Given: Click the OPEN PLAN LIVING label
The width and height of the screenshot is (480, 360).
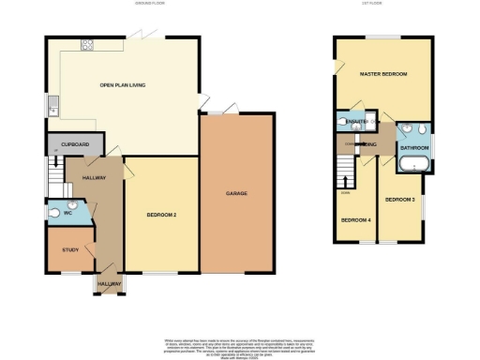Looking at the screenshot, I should coord(122,86).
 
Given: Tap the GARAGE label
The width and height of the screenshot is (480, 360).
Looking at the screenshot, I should coord(235,193).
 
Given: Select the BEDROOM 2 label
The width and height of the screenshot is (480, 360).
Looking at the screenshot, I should coord(161,215).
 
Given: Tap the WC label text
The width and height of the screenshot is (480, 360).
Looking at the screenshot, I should coord(67,213).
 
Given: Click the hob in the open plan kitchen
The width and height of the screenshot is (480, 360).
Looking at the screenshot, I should coord(86,43).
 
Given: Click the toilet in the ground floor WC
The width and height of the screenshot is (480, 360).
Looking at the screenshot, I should coord(53,213).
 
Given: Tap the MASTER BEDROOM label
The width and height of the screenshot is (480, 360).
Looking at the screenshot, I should coord(382,73).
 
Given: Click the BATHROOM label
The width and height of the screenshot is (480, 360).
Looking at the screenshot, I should coord(413,148).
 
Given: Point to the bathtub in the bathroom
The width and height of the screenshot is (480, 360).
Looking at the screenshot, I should coord(413,166).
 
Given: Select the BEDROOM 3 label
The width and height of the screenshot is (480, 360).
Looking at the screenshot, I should coord(400,199).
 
